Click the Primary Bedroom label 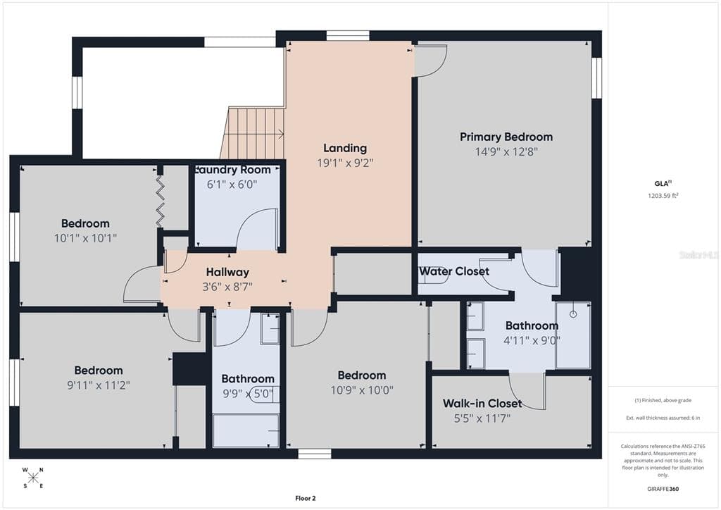506,137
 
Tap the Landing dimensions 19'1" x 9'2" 345,163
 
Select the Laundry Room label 232,170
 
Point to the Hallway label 227,272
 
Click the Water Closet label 454,271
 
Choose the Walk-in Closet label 482,404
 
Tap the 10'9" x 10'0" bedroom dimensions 362,390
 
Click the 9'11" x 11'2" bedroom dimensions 99,385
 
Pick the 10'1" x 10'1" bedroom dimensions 85,238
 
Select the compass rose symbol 32,478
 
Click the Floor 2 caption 306,498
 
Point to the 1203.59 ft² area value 663,195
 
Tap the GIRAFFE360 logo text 663,489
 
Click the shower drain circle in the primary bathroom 573,315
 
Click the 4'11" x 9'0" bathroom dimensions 532,340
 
